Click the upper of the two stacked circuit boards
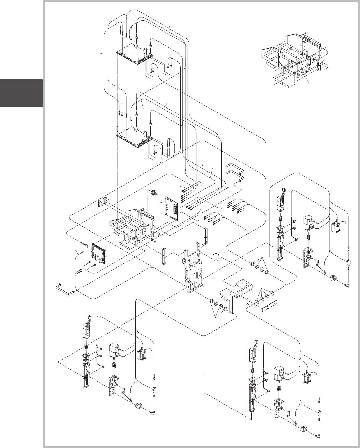click(x=134, y=54)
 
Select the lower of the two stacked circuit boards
click(x=134, y=137)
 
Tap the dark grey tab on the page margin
click(x=21, y=93)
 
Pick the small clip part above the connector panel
click(x=153, y=193)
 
